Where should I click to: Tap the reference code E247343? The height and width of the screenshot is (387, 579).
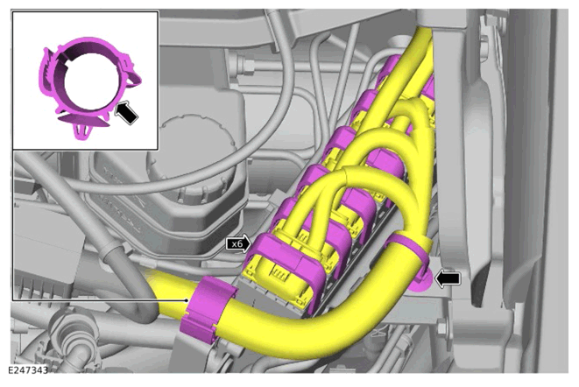tap(28, 370)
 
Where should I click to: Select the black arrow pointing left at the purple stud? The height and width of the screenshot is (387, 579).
tap(448, 278)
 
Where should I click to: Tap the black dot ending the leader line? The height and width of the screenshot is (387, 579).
tap(187, 300)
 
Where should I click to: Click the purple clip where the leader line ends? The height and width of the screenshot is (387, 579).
tap(208, 309)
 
